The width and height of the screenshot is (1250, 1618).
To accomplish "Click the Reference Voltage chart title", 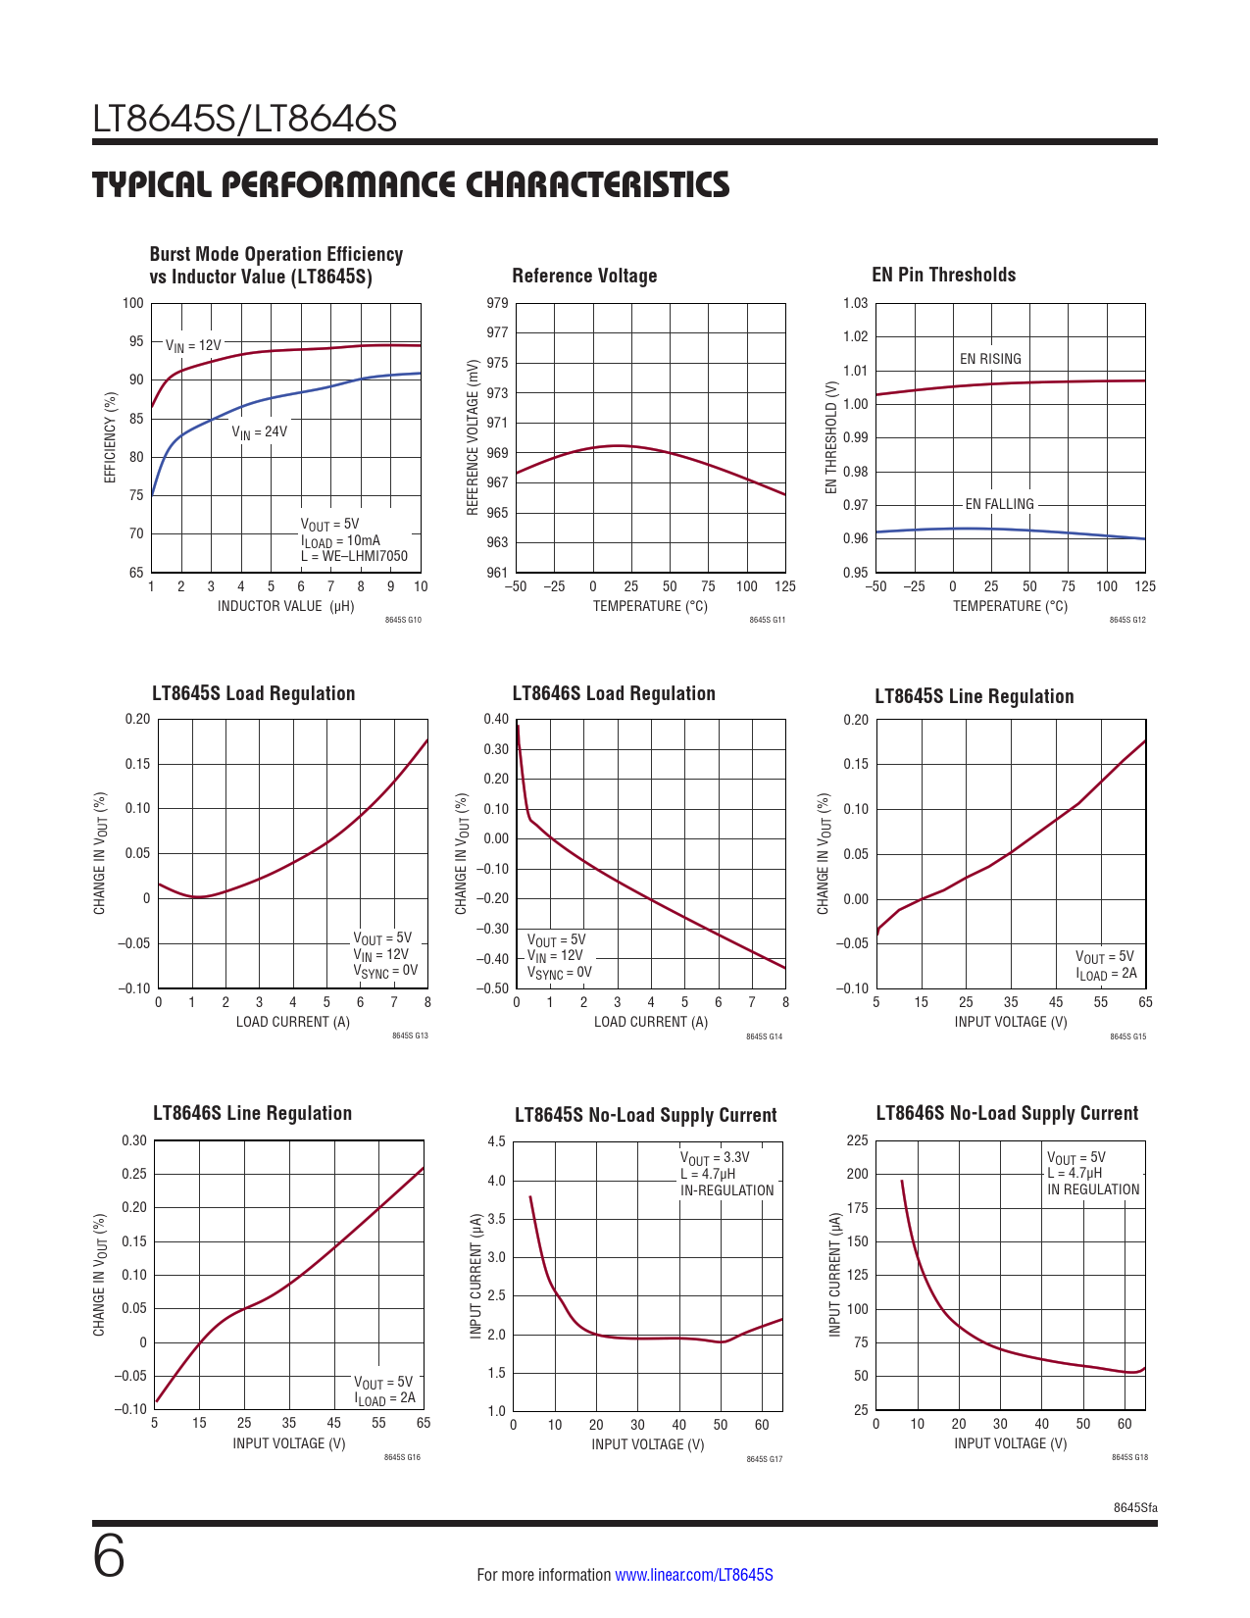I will tap(584, 277).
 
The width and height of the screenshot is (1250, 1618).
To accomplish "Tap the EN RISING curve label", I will tap(990, 359).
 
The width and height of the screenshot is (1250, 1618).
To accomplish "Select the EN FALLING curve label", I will tap(999, 504).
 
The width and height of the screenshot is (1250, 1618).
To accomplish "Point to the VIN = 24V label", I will tap(259, 431).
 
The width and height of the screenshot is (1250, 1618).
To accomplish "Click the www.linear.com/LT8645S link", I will tap(693, 1575).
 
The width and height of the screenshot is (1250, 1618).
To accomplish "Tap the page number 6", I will tap(109, 1558).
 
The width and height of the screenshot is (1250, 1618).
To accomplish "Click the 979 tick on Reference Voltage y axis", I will tap(497, 303).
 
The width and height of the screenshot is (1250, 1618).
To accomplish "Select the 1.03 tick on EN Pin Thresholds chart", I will tap(855, 303).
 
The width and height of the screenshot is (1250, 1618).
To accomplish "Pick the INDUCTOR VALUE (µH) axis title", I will tap(285, 606).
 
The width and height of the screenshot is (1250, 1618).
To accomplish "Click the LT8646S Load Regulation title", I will tap(614, 694).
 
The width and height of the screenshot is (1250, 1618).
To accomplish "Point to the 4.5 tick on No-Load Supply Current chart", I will tap(496, 1141).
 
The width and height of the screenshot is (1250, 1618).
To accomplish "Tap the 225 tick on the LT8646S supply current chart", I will tap(857, 1140).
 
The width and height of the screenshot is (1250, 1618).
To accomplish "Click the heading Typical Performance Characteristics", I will tap(411, 185).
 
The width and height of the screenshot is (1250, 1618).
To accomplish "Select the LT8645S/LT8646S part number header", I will tap(245, 119).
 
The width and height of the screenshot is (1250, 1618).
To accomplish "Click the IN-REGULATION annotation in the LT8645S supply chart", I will tap(726, 1190).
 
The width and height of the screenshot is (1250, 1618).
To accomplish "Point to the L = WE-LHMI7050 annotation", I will tap(354, 556).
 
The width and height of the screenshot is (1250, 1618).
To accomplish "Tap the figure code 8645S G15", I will tap(1127, 1037).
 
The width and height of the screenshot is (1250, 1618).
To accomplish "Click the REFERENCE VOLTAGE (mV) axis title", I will tap(473, 437).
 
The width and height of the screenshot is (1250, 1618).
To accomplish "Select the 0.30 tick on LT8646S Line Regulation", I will tap(134, 1140).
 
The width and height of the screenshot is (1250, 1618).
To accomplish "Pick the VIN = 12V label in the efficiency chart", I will tap(193, 346).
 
